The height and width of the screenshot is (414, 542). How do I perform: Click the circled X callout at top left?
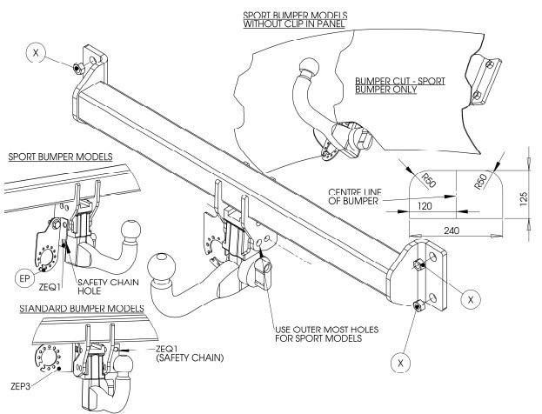pos(36,52)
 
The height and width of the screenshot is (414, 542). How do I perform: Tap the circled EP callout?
pos(24,278)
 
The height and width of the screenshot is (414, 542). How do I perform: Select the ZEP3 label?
pos(20,386)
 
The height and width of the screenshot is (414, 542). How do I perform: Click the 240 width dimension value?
pos(452,230)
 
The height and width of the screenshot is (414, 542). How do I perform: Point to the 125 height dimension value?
pos(524,199)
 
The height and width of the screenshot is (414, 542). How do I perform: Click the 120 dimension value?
pos(425,206)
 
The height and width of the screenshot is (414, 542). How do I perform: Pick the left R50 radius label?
pos(428,180)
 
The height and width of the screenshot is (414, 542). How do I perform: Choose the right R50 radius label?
pos(481,181)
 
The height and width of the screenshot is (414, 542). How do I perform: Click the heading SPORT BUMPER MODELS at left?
pos(61,157)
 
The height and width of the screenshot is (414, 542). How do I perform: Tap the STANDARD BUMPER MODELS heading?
pos(82,308)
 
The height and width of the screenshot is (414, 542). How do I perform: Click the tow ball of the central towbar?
pos(161,268)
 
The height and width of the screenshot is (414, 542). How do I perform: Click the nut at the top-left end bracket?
pos(77,68)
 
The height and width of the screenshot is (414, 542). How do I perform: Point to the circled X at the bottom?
pos(400,363)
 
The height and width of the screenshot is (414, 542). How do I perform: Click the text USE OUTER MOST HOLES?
pos(326,330)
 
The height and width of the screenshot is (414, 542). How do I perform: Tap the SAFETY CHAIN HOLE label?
pos(108,286)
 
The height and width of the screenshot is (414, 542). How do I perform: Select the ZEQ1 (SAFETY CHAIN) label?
pos(190,353)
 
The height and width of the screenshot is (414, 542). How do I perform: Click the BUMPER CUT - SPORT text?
pos(400,81)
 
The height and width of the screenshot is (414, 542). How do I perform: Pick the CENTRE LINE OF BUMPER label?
pos(355,197)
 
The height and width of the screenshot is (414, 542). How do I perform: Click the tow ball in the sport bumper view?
pos(130,230)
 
